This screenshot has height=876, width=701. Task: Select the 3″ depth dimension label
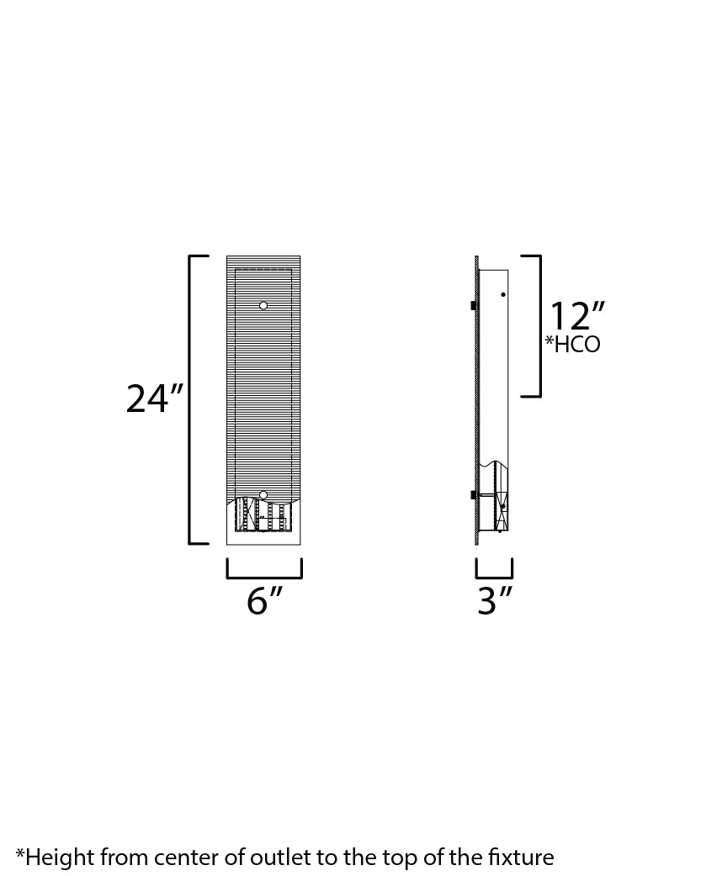[495, 601]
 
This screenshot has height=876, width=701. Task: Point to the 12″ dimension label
[576, 318]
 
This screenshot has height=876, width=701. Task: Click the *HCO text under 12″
[573, 344]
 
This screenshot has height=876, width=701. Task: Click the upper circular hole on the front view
[263, 305]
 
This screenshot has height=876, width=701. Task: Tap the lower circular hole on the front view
[263, 495]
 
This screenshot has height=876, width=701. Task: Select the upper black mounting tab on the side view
[474, 304]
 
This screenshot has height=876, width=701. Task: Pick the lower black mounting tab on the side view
[474, 494]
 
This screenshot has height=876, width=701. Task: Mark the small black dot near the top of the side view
[502, 294]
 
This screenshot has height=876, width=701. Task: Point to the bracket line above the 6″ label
[263, 578]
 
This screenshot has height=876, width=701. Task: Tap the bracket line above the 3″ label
[494, 578]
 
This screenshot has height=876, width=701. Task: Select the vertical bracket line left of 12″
[539, 326]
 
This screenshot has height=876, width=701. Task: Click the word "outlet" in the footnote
[249, 858]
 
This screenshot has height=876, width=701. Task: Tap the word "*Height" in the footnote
[55, 858]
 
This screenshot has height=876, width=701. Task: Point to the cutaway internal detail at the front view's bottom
[263, 515]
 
